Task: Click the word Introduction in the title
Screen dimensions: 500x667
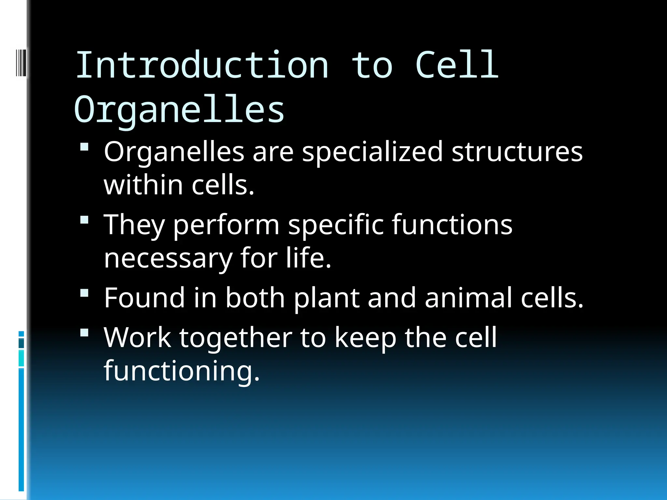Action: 202,65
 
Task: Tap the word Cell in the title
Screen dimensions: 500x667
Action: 457,65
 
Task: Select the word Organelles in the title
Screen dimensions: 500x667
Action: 179,110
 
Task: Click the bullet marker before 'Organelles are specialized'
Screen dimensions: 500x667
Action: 84,147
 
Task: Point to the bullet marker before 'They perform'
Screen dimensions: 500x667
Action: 84,220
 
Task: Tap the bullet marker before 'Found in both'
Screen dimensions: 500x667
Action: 84,293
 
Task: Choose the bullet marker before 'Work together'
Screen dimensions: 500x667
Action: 84,333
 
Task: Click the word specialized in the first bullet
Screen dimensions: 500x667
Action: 372,152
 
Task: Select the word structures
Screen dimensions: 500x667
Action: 517,152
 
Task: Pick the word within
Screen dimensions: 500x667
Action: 143,185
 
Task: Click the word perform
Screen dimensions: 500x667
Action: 226,225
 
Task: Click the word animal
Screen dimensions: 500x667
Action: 469,298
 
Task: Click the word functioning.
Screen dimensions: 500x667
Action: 181,371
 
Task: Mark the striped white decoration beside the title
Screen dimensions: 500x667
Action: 21,62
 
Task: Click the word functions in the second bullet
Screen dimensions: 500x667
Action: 452,225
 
